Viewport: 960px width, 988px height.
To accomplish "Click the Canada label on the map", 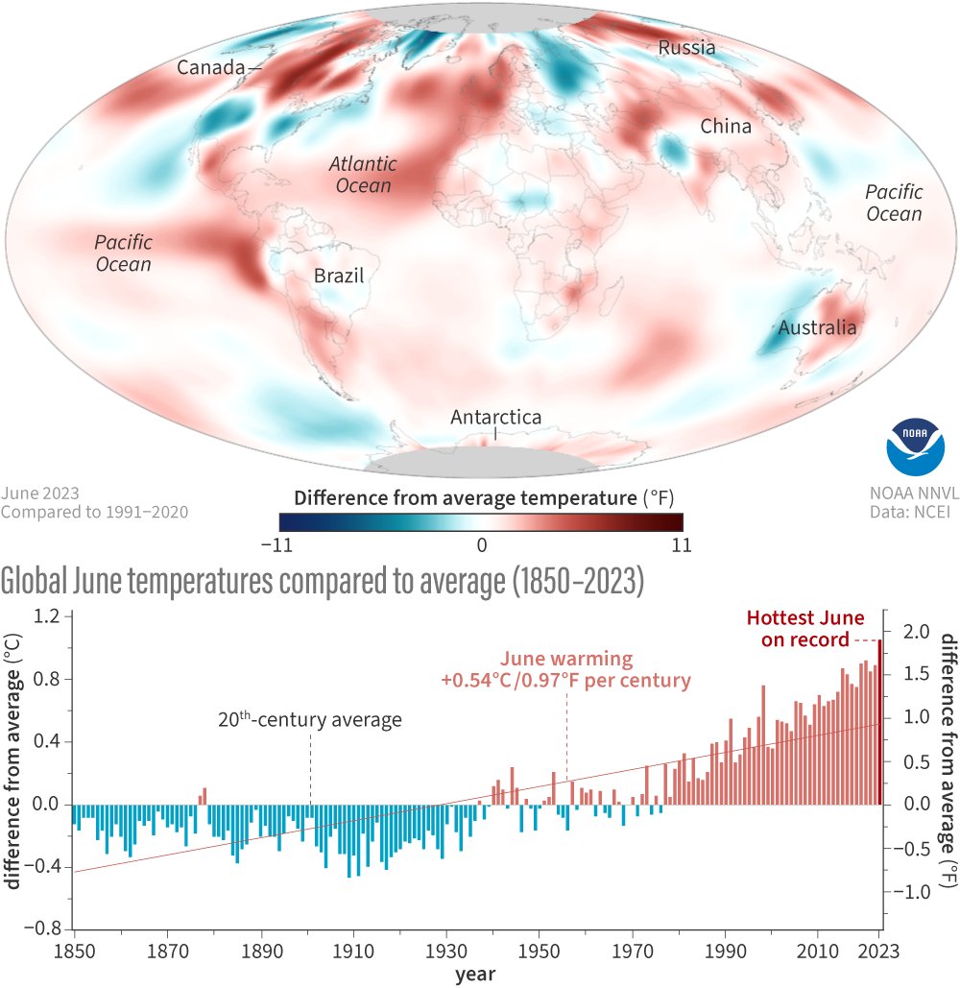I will coord(207,68).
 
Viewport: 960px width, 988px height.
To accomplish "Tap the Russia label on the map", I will coord(685,48).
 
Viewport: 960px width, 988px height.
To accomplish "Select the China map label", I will coord(725,126).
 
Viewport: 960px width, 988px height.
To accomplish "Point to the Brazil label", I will coord(339,277).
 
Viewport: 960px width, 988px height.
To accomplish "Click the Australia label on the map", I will coord(817,328).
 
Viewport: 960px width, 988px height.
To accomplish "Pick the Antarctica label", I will coord(495,418).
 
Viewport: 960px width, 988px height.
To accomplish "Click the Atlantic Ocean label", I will coord(364,175).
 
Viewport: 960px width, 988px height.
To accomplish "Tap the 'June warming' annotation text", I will coord(566,670).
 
